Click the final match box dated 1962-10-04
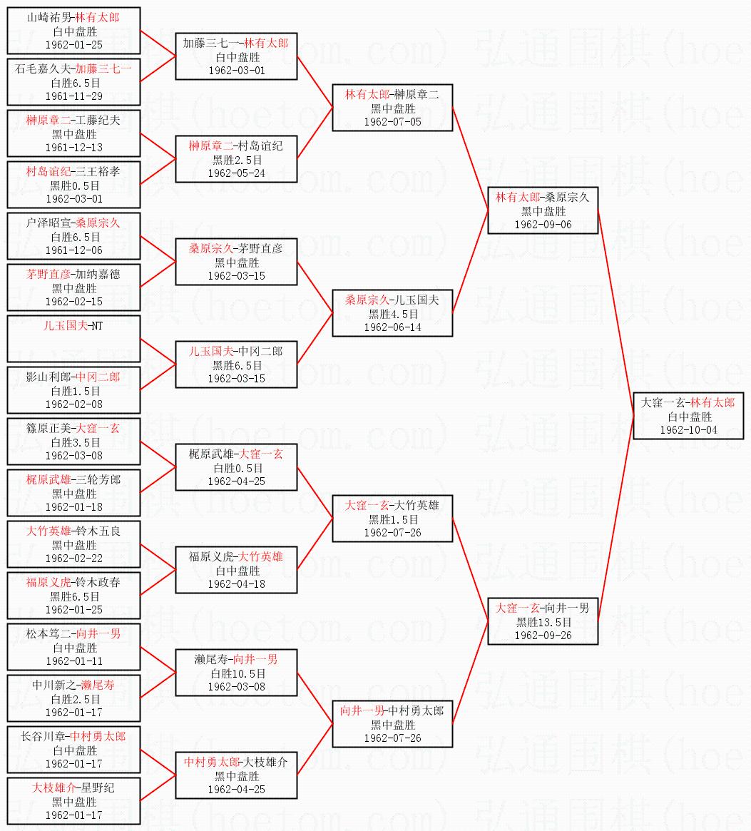[x=688, y=416]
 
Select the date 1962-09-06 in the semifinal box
[x=543, y=225]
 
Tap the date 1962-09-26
[x=543, y=636]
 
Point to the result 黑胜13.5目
[x=543, y=622]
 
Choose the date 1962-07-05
[x=392, y=122]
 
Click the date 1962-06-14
[x=392, y=327]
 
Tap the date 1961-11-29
[x=73, y=96]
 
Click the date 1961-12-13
[x=73, y=148]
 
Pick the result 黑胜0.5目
[x=74, y=185]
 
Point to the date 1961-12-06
[x=73, y=250]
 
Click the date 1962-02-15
[x=73, y=302]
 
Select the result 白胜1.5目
[x=74, y=391]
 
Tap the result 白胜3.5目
[x=74, y=442]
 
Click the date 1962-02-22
[x=73, y=559]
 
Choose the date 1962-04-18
[x=237, y=584]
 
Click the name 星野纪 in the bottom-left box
[x=96, y=788]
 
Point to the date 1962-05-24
[x=237, y=173]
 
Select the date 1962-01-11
[x=73, y=661]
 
